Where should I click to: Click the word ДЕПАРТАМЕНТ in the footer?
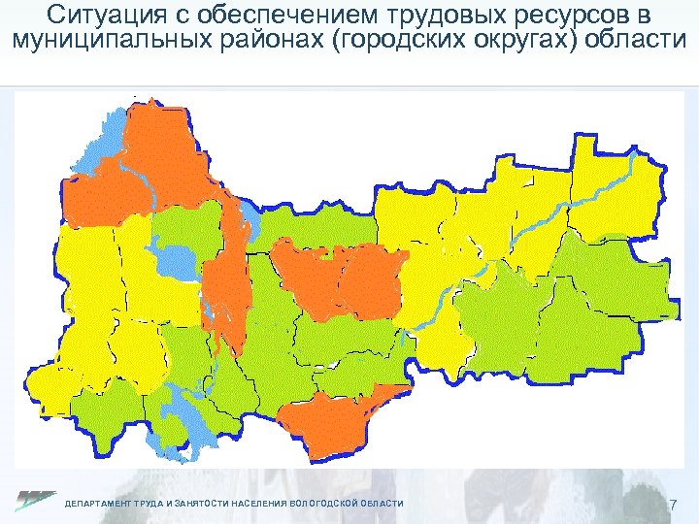click(x=98, y=504)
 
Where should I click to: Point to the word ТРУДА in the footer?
click(x=151, y=504)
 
